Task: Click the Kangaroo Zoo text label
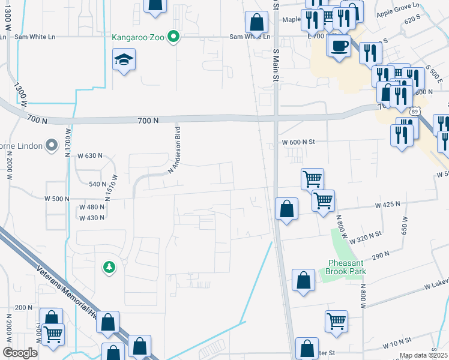coord(139,37)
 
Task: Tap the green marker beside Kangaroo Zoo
coord(174,37)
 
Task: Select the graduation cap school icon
coord(124,59)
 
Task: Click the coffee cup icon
coord(340,45)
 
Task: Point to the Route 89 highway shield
coord(415,111)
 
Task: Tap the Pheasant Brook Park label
coord(347,267)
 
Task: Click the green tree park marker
coord(109,266)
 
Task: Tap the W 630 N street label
coord(91,155)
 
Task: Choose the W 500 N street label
coord(57,199)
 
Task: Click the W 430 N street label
coord(92,217)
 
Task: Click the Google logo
coord(20,353)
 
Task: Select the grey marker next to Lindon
coord(52,145)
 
